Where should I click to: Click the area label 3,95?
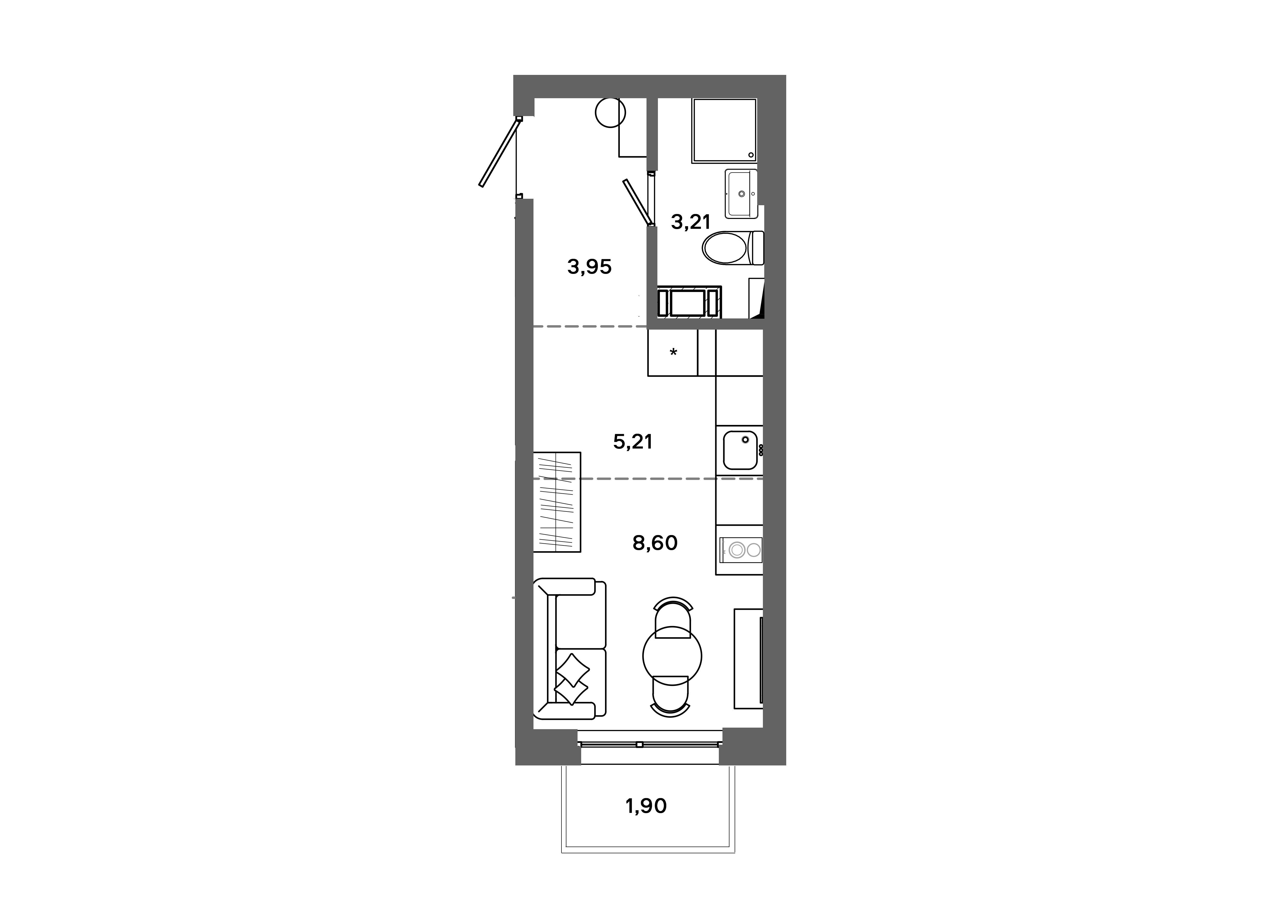pyautogui.click(x=589, y=267)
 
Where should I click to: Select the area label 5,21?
pyautogui.click(x=633, y=442)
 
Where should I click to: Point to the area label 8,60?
pyautogui.click(x=655, y=543)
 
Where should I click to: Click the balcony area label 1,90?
pyautogui.click(x=646, y=806)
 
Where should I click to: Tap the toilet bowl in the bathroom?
pyautogui.click(x=726, y=248)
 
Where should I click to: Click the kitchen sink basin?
pyautogui.click(x=740, y=450)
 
